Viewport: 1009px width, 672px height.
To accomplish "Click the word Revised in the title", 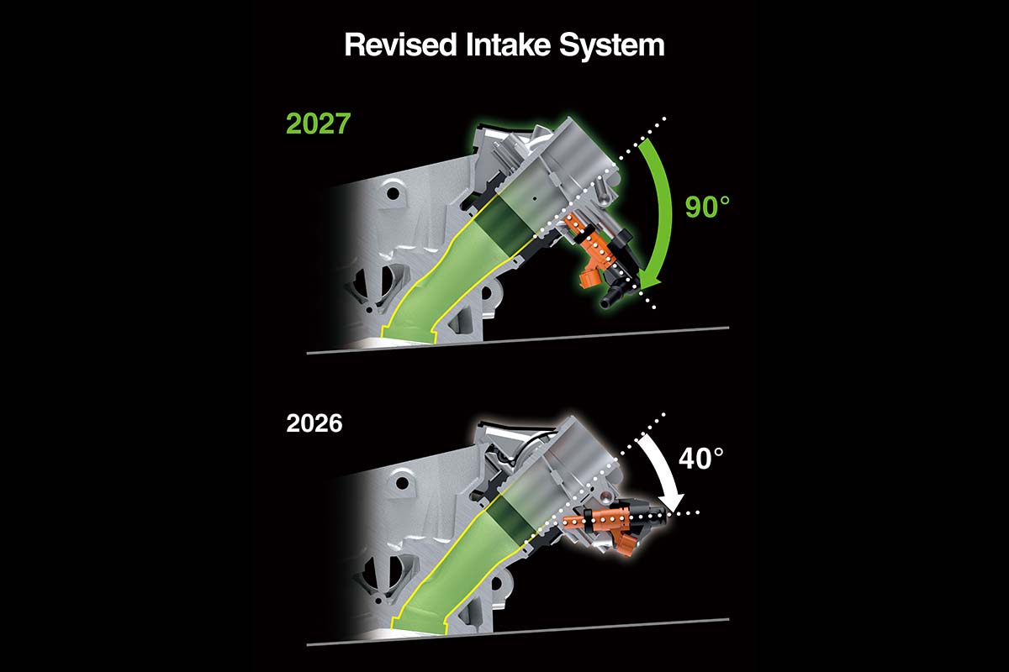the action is (x=401, y=45).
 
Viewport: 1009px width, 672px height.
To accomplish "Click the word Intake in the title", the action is (x=509, y=45).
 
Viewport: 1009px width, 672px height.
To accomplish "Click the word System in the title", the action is (x=612, y=47).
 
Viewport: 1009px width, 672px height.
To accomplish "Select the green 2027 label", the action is (x=319, y=123).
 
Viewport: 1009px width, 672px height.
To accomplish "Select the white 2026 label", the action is (x=314, y=423).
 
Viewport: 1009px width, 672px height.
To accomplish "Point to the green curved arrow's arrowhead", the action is (x=648, y=284).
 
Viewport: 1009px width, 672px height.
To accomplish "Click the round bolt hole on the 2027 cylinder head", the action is (x=394, y=193).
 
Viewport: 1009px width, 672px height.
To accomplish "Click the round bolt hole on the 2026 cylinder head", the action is (x=399, y=484).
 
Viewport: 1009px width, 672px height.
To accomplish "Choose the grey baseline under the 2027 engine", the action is (x=518, y=341).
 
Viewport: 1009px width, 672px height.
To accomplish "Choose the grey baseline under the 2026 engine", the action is (x=518, y=633).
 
